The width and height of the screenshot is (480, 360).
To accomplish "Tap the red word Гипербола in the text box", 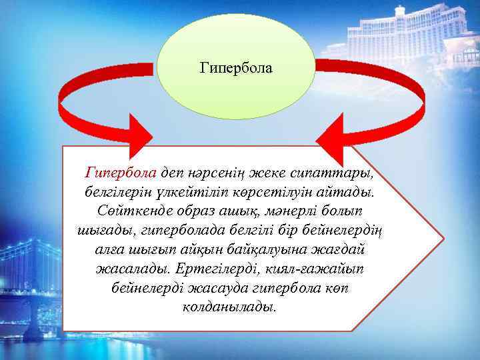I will (x=121, y=173).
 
